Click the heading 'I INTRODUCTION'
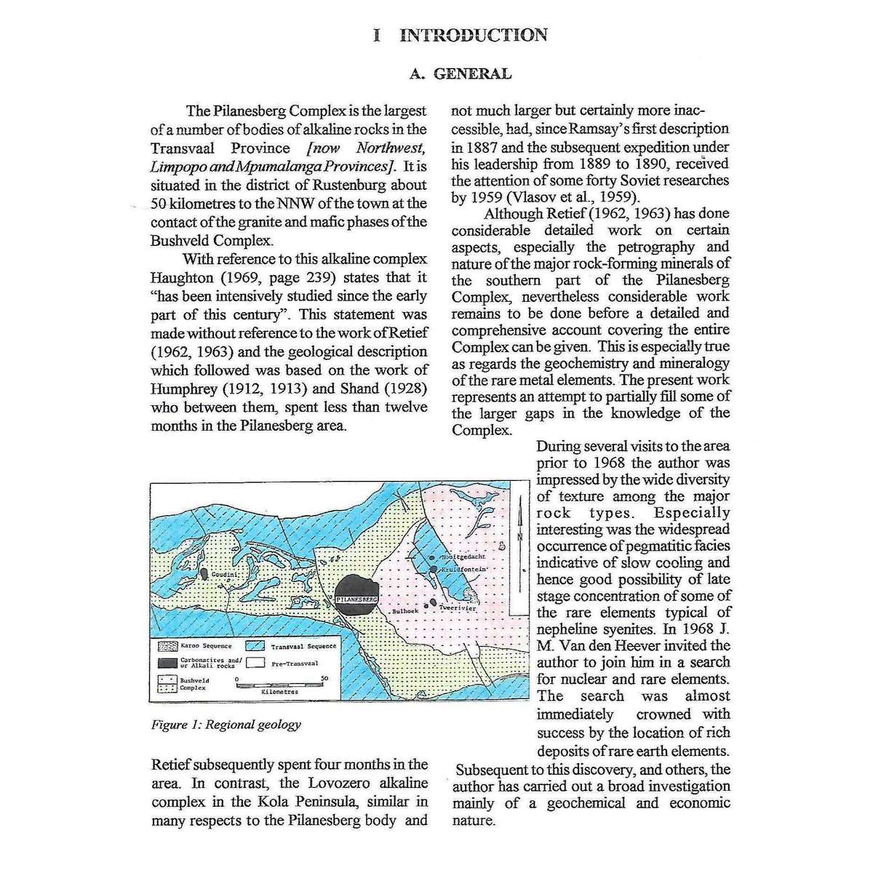[460, 35]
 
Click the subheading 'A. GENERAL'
[460, 73]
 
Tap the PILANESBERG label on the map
[356, 599]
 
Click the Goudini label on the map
[224, 575]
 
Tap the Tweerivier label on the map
[458, 607]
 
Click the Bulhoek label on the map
[404, 612]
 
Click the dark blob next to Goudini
[205, 574]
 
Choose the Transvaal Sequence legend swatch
[254, 646]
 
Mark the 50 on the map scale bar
[324, 677]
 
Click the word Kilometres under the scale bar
[279, 693]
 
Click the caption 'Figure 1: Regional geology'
[226, 725]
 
